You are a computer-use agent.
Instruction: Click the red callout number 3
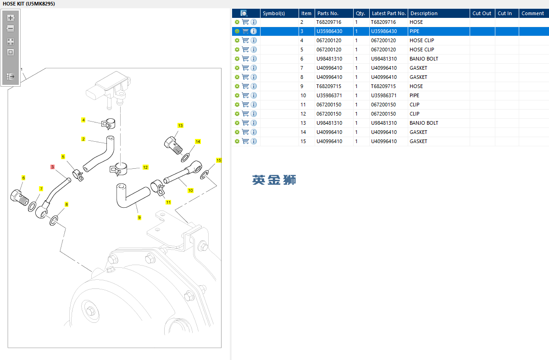pos(53,167)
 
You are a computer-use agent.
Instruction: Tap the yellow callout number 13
pos(180,125)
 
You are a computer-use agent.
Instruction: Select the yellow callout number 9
pos(139,217)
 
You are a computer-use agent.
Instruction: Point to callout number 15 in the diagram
pos(219,161)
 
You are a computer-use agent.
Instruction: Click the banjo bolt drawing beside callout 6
pos(19,197)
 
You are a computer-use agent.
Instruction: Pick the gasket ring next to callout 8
pos(54,221)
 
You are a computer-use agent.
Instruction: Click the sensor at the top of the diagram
pos(109,88)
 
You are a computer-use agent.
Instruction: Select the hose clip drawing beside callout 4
pos(109,124)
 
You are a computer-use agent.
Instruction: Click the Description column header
pos(424,13)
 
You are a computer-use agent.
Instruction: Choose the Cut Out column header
pos(482,13)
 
